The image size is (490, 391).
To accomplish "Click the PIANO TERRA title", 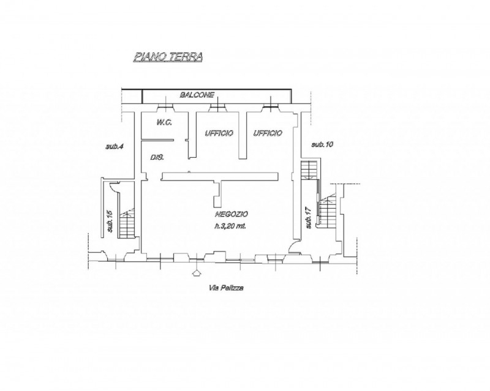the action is [x=168, y=57].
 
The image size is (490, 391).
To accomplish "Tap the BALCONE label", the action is [x=197, y=95].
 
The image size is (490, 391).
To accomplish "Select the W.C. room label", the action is [x=164, y=122].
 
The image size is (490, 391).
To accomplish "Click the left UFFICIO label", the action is [x=219, y=133].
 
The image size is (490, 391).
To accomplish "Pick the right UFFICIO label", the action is [x=268, y=133].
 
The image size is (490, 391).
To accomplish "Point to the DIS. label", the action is [x=157, y=157].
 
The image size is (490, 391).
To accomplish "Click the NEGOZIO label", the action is [x=232, y=214].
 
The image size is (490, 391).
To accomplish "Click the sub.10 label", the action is [x=323, y=144].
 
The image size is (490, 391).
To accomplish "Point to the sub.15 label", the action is [x=110, y=222].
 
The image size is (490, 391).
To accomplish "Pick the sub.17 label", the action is [x=309, y=217].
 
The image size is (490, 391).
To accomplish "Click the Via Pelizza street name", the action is [x=226, y=288].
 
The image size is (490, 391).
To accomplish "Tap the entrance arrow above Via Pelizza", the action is [x=196, y=272].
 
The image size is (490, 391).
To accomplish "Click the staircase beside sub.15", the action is [x=127, y=223].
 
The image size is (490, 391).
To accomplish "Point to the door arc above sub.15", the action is [x=113, y=187].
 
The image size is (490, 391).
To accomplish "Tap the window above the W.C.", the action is [x=165, y=106].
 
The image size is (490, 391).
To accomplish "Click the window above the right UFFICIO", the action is [x=271, y=106].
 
